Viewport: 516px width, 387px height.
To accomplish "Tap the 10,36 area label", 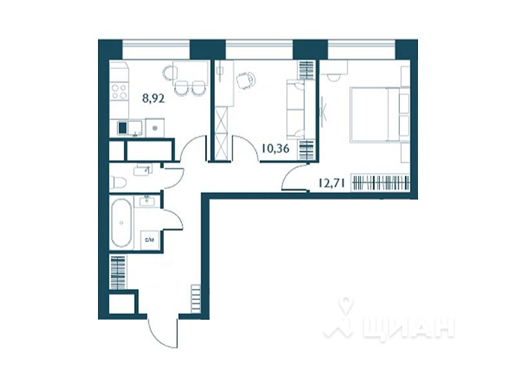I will coord(275,150).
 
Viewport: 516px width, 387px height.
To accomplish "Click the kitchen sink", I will coord(124,128).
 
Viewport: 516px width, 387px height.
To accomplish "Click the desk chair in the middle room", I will coord(245,80).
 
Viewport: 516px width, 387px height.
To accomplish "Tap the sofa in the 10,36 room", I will coord(296,110).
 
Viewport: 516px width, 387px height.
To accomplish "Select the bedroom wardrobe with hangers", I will coord(381,183).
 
